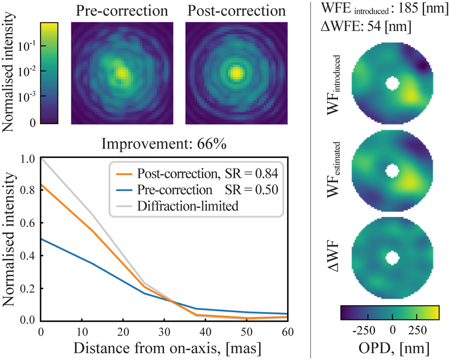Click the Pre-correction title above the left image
point(122,11)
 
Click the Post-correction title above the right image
point(235,11)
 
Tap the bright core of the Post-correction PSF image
point(236,73)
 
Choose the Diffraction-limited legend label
point(187,206)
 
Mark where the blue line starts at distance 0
point(40,238)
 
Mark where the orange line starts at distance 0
point(40,185)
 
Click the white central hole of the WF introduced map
point(392,83)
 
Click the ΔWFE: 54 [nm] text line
point(362,27)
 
